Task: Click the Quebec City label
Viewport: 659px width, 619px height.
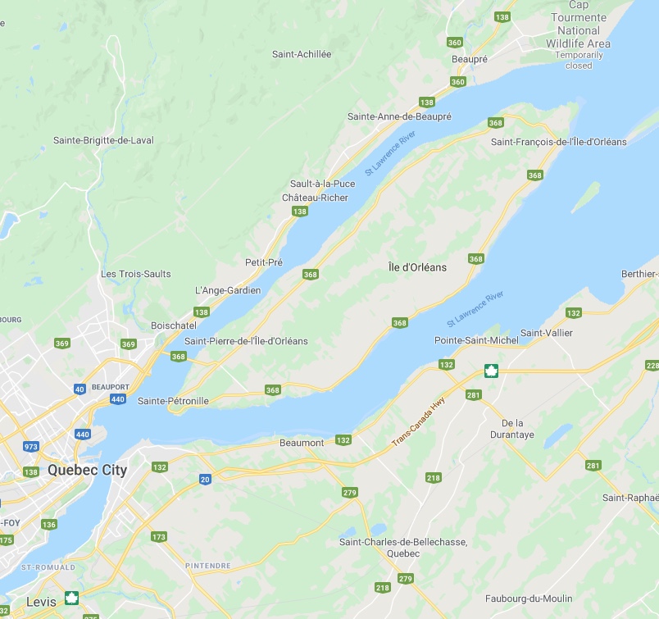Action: coord(87,470)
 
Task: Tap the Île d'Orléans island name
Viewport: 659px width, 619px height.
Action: coord(417,266)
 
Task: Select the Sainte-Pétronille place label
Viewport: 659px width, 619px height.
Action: coord(173,401)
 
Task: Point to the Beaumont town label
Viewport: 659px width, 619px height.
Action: coord(302,443)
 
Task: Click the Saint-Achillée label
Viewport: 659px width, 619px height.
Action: coord(302,54)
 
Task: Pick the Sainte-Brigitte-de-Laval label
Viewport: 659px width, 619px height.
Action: coord(103,140)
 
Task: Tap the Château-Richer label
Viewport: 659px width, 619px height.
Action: coord(315,198)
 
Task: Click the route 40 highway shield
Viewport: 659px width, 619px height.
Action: coord(80,389)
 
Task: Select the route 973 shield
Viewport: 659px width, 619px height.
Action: coord(30,447)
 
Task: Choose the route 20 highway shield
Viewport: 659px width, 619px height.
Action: coord(205,479)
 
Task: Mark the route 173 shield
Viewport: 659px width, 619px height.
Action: coord(158,537)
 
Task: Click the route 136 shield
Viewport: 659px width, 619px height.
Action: coord(49,525)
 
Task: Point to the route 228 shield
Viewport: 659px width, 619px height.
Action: coord(652,366)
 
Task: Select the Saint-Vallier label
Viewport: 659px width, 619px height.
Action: coord(547,333)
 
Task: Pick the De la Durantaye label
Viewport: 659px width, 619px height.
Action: coord(518,430)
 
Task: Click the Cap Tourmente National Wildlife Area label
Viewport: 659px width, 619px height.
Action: coord(579,30)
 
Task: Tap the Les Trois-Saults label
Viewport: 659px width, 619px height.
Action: coord(135,273)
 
